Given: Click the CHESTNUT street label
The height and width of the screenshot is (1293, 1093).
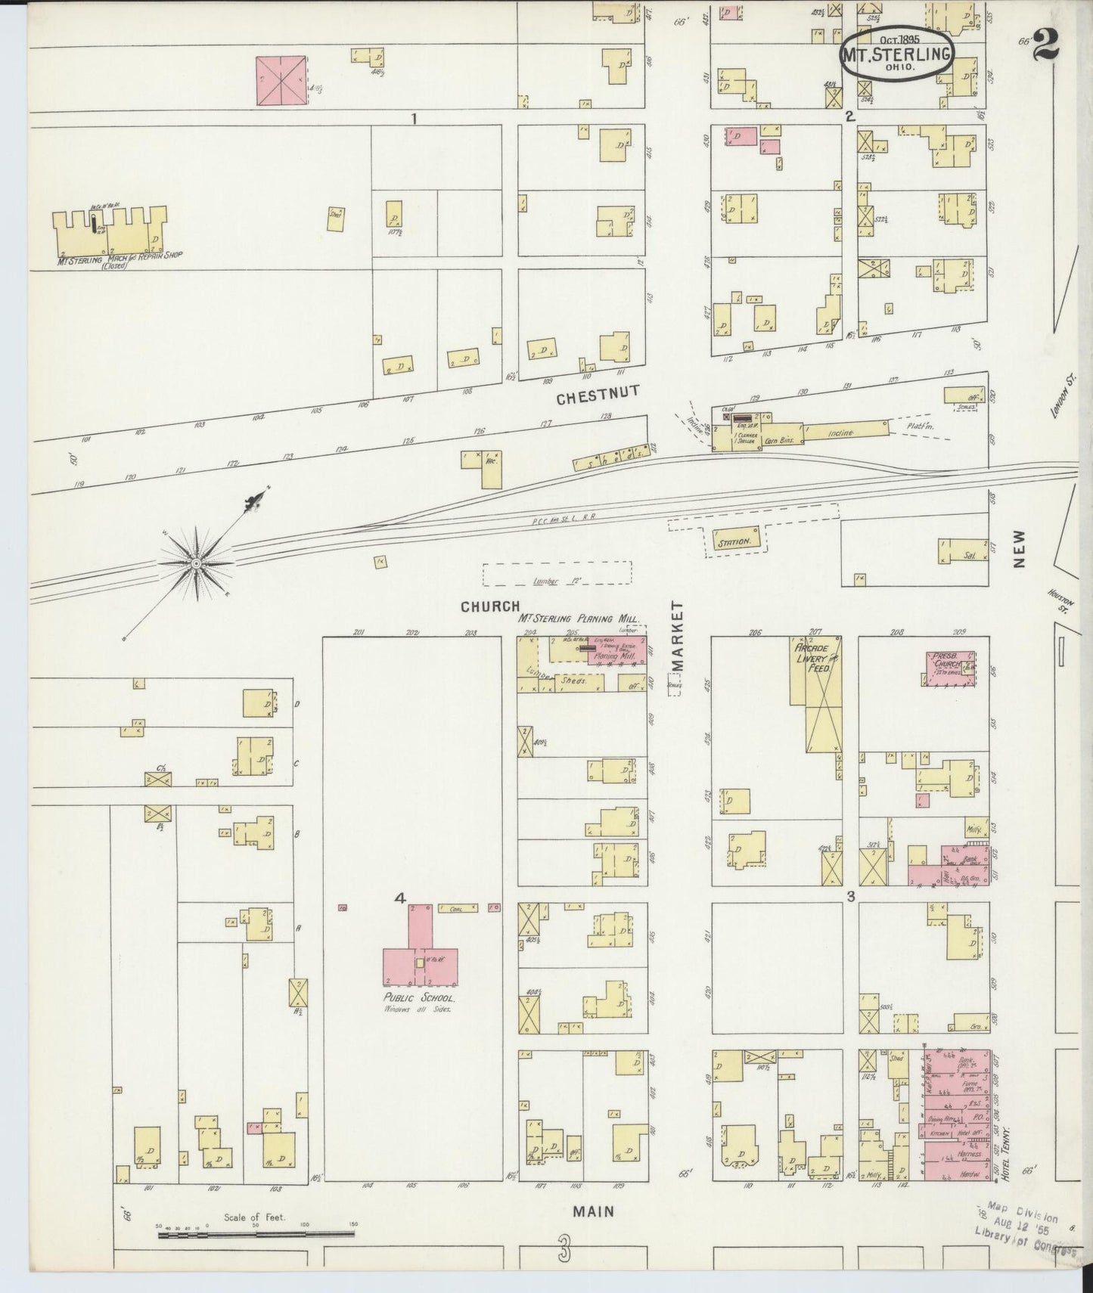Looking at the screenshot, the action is coord(598,394).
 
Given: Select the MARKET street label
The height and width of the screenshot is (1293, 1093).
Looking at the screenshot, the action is coord(677,636).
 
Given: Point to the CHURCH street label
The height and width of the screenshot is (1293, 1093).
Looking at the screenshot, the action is coord(490,606).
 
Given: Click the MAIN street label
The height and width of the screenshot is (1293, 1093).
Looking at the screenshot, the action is coord(592,1211).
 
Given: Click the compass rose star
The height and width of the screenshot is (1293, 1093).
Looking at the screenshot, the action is coord(197,563).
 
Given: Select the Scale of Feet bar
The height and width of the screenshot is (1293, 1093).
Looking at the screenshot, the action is coord(256,1234).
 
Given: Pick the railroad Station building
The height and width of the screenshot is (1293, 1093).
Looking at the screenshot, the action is coord(734,541).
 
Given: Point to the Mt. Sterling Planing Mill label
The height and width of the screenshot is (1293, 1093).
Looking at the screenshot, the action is coord(579,618).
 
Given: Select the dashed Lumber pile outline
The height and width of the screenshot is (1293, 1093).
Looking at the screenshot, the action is coord(557,574).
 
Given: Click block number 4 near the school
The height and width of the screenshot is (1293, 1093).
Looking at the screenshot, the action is coord(400,898).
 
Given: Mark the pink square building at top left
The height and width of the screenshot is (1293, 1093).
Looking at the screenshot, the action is coord(281,80).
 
